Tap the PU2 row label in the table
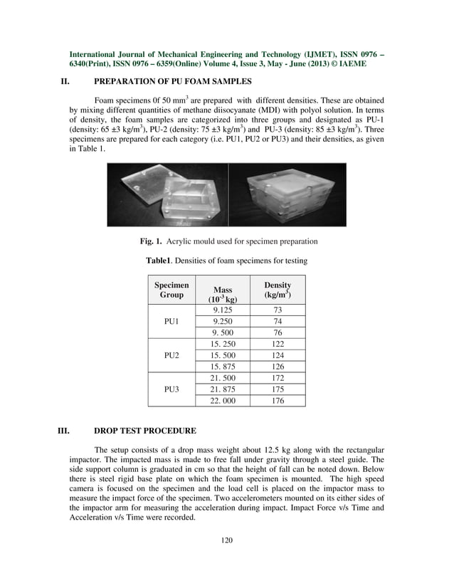171,355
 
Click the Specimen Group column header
171,289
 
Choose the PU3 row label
171,389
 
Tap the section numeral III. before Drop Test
66,430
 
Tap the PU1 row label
171,321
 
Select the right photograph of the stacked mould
287,194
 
